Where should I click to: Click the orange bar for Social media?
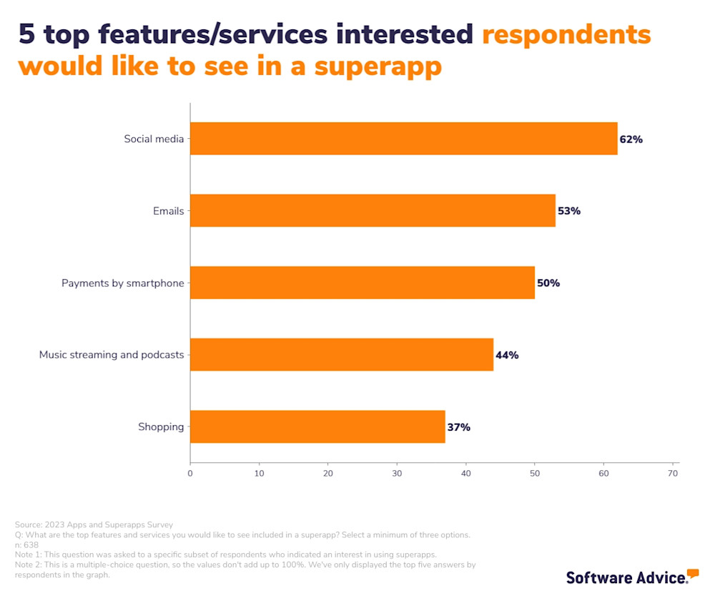(x=403, y=139)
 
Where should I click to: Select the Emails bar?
(x=373, y=211)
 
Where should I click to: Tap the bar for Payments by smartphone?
(x=363, y=283)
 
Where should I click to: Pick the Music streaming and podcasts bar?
(x=342, y=355)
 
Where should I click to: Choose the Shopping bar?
(x=317, y=427)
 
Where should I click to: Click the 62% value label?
(x=631, y=140)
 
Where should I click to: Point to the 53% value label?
(x=569, y=211)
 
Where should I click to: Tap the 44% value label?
(x=507, y=355)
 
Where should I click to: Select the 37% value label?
(x=459, y=427)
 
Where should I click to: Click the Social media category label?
(x=154, y=139)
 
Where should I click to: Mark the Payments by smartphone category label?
(x=122, y=283)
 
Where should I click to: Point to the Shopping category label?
(x=161, y=427)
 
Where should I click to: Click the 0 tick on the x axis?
(x=190, y=473)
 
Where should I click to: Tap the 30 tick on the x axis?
(x=397, y=473)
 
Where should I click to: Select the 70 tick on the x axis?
(x=673, y=473)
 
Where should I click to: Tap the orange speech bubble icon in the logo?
(x=692, y=572)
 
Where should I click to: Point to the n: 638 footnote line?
(x=26, y=544)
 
